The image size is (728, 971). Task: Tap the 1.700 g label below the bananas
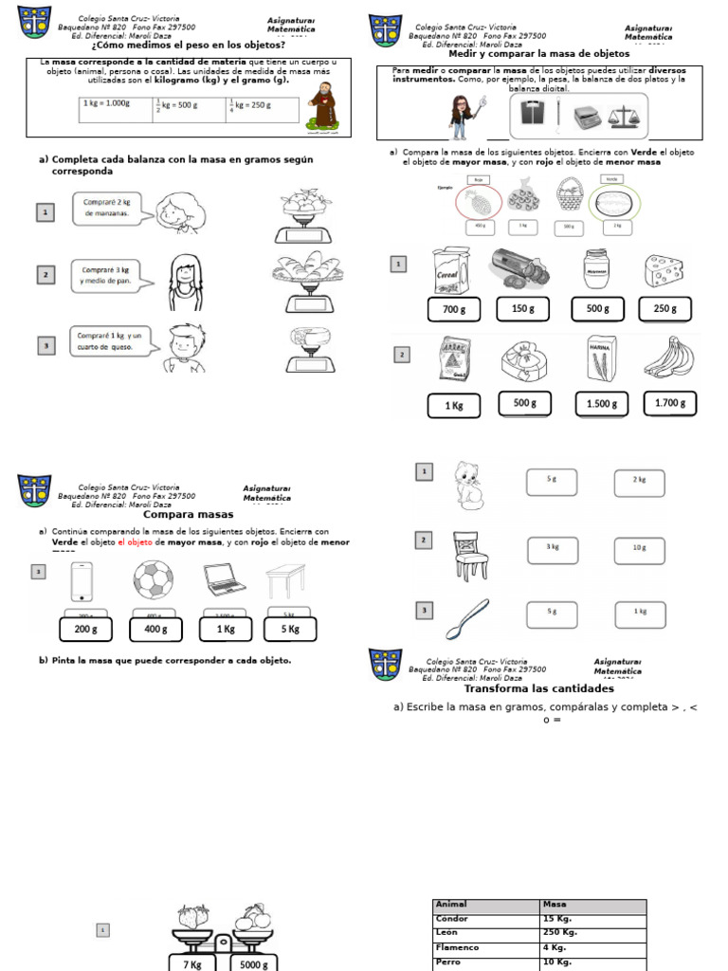[x=669, y=403]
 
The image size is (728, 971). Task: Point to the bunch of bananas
[x=668, y=358]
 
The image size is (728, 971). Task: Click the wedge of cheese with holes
[x=664, y=270]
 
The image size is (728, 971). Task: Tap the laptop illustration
[x=225, y=580]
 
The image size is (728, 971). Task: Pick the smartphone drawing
[x=82, y=580]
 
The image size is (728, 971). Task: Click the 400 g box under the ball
[x=155, y=629]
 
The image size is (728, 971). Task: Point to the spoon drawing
[x=467, y=616]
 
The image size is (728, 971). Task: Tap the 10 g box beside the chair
[x=639, y=548]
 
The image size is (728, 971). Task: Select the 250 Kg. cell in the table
[x=592, y=933]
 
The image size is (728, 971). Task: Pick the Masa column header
[x=592, y=905]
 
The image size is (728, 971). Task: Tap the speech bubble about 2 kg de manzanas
[x=112, y=208]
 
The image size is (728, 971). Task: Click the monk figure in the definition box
[x=325, y=104]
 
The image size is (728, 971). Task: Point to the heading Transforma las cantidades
[x=538, y=689]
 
